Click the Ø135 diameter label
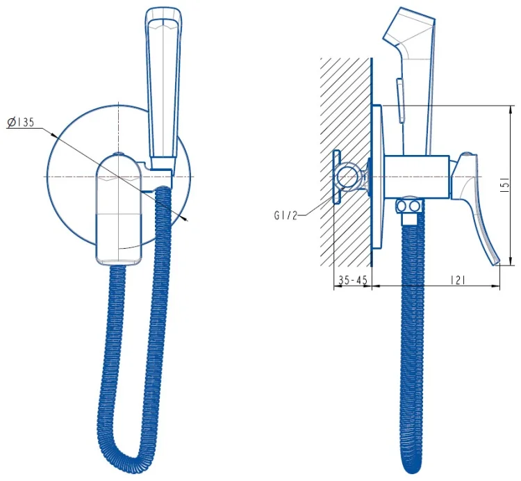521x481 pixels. [x=21, y=122]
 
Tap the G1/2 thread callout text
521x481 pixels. [x=286, y=215]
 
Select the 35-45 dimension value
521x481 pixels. [x=352, y=280]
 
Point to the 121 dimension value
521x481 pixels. [x=458, y=280]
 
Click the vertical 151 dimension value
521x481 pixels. [x=504, y=185]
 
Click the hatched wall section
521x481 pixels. [x=345, y=162]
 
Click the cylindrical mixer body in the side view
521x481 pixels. [x=417, y=177]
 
